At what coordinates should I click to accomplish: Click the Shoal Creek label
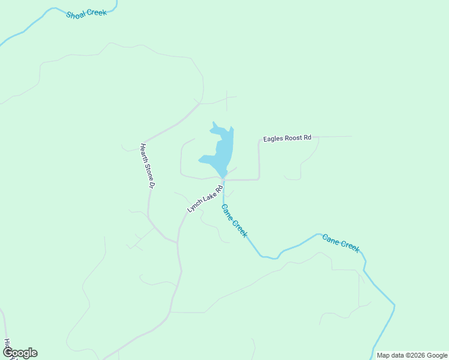click(x=86, y=13)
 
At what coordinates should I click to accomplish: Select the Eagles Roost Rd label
click(x=287, y=138)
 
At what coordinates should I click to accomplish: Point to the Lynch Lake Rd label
click(x=205, y=198)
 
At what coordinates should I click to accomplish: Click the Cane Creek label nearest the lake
click(x=234, y=221)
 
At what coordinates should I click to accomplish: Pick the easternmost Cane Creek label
click(x=341, y=242)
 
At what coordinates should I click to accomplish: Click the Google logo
click(x=20, y=353)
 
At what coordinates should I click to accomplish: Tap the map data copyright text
click(x=412, y=355)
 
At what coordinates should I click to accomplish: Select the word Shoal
click(x=76, y=14)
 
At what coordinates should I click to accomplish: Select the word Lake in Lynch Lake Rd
click(x=208, y=196)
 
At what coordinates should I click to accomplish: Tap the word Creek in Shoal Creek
click(x=97, y=12)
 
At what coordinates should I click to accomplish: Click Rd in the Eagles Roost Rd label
click(x=307, y=138)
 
